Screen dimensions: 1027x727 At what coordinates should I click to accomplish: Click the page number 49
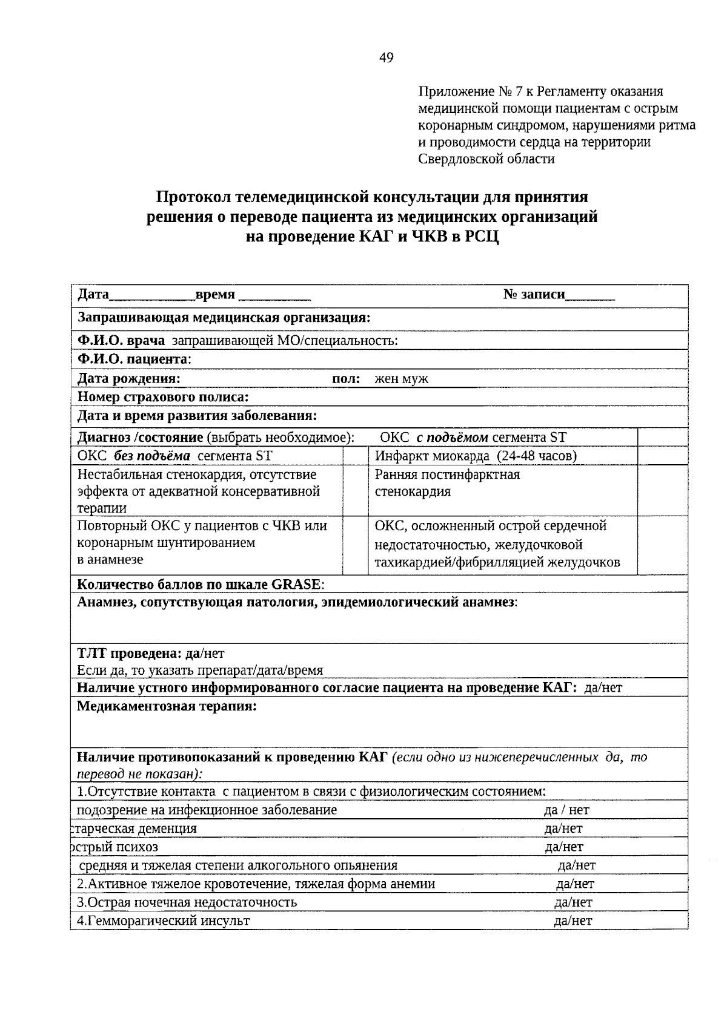(x=386, y=58)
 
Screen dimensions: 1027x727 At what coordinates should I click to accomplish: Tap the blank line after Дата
(x=151, y=296)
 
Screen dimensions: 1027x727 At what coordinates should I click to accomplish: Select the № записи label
(x=534, y=295)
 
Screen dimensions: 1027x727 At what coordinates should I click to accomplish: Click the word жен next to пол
(x=385, y=379)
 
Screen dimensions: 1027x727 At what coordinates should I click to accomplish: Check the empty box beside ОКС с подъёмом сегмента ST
(x=662, y=438)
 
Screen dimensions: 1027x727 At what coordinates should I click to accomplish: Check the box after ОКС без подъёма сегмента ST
(x=356, y=456)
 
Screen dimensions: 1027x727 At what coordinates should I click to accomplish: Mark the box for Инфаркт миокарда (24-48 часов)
(x=662, y=456)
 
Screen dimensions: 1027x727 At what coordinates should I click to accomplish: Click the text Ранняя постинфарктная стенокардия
(x=446, y=483)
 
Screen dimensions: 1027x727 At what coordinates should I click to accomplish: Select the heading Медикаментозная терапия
(x=167, y=706)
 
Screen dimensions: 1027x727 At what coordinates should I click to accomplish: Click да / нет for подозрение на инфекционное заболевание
(x=566, y=810)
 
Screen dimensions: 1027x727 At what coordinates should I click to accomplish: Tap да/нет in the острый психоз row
(x=563, y=847)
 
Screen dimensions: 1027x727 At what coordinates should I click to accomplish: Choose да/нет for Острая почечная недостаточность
(x=573, y=902)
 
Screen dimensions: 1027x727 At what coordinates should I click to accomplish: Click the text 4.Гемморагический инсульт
(x=164, y=921)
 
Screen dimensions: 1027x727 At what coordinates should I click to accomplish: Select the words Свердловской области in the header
(x=486, y=159)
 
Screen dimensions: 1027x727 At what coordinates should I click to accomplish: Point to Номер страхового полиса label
(x=163, y=398)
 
